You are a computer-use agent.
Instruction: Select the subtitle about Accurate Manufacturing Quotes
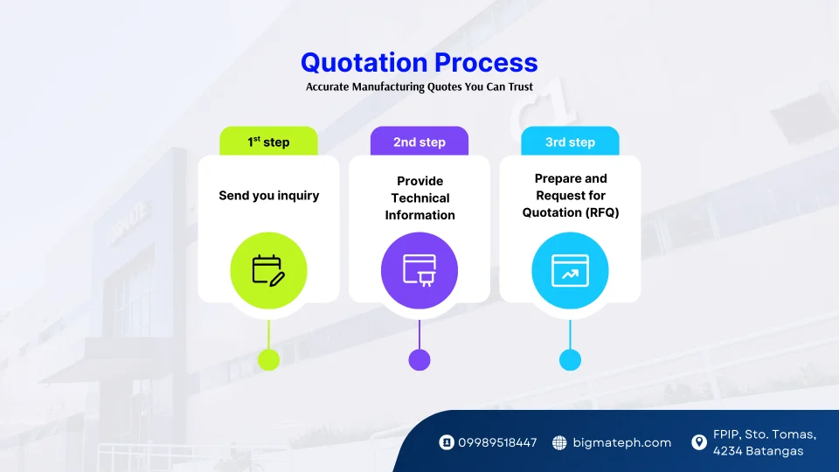419,87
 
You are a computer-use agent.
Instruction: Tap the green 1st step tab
268,142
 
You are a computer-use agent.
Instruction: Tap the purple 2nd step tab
419,142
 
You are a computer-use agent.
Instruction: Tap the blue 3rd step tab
570,142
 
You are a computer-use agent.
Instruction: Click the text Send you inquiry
268,196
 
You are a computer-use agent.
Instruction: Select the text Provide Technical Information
419,198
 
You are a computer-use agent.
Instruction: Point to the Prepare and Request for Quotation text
570,196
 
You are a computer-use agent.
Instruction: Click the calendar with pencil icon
268,270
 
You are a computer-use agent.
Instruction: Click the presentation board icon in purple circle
419,270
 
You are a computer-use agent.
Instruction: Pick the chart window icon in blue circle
570,270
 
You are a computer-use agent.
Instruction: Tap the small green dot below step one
268,359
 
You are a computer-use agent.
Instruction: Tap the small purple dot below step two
419,359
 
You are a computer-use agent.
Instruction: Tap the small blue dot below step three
570,359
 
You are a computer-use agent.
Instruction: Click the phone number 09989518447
497,443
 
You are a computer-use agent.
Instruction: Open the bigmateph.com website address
621,443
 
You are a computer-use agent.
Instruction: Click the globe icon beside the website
559,443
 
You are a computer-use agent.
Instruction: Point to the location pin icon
698,442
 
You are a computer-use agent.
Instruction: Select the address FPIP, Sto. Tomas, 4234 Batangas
765,443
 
